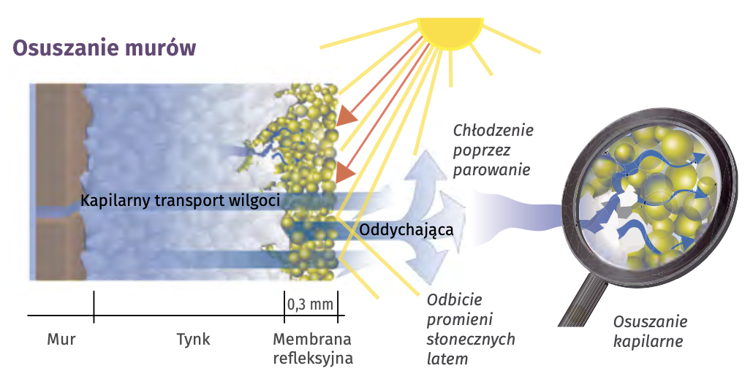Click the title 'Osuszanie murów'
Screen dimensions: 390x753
click(105, 49)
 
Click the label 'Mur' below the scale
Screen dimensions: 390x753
click(61, 340)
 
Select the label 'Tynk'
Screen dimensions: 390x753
click(193, 340)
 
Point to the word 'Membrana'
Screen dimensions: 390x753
click(311, 340)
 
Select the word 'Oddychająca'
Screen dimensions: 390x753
click(407, 229)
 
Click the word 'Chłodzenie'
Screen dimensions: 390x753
click(493, 131)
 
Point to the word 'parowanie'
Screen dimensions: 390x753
click(491, 169)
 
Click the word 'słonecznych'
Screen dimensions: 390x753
click(471, 340)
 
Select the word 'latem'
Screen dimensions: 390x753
click(447, 359)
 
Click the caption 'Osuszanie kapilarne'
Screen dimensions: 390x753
click(649, 331)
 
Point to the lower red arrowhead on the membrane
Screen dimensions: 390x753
click(346, 172)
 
